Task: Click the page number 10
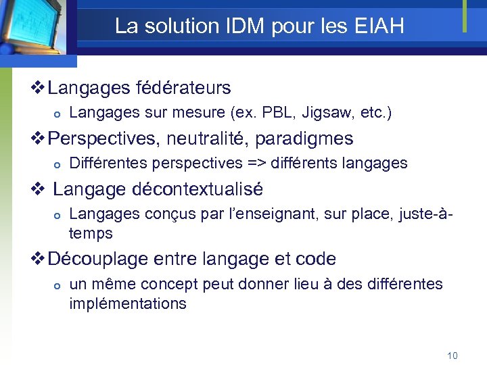[453, 356]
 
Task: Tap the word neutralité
[212, 139]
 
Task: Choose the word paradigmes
[311, 139]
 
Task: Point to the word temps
[91, 233]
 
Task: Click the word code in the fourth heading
[315, 259]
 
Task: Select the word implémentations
[127, 303]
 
